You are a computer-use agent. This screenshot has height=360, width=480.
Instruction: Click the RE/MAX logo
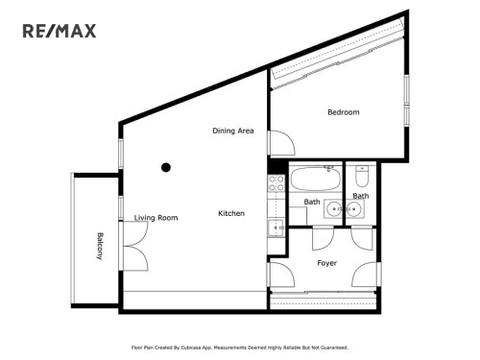[x=60, y=32]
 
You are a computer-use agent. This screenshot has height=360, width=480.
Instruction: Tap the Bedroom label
[x=343, y=112]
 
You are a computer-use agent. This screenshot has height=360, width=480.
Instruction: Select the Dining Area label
[x=233, y=131]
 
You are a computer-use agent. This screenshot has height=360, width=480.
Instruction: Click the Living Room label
[x=156, y=218]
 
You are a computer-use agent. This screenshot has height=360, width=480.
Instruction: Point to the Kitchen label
[x=231, y=213]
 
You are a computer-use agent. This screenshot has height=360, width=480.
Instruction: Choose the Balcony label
[x=99, y=247]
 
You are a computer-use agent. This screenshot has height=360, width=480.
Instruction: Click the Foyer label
[x=326, y=262]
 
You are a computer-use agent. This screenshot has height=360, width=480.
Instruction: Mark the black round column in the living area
[x=166, y=167]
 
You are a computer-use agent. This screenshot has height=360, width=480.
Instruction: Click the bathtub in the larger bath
[x=314, y=180]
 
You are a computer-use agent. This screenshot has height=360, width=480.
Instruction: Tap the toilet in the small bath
[x=361, y=179]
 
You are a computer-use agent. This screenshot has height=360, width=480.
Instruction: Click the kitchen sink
[x=275, y=228]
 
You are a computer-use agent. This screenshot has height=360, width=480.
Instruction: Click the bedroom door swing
[x=280, y=144]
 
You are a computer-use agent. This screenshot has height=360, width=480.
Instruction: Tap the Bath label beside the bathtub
[x=312, y=202]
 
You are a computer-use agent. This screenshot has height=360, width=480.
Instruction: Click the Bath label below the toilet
[x=360, y=196]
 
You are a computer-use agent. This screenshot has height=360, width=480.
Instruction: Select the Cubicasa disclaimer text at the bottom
[x=239, y=348]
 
